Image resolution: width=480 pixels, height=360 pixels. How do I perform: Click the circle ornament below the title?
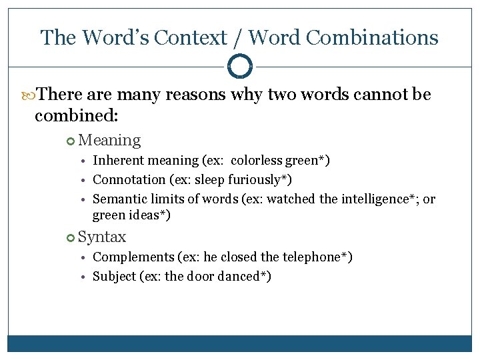(240, 67)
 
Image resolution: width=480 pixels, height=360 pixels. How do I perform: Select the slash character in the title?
(237, 37)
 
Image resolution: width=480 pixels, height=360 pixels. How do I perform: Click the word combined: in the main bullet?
(76, 115)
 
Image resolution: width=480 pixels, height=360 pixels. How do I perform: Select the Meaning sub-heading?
(109, 140)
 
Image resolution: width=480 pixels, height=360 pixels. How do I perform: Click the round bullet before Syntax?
(72, 237)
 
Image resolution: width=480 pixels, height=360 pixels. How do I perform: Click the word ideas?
(145, 215)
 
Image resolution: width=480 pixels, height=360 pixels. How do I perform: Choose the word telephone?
(317, 257)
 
